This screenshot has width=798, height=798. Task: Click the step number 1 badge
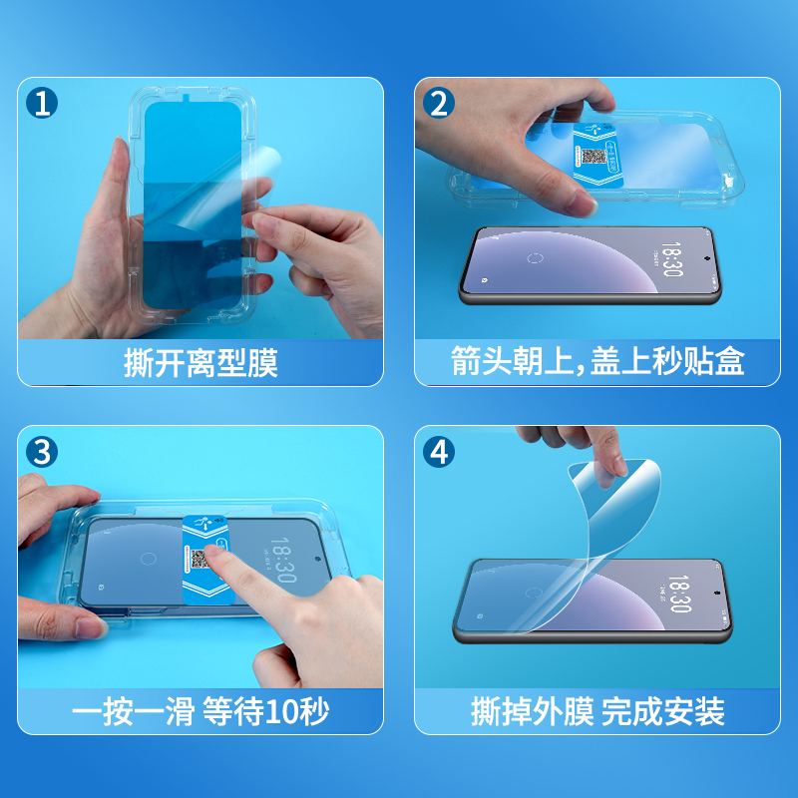point(42,103)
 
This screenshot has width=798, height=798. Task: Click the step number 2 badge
point(439,103)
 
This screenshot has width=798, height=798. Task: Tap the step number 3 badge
point(42,452)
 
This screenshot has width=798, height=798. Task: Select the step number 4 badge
point(439,452)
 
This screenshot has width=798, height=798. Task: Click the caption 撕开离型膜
point(200,363)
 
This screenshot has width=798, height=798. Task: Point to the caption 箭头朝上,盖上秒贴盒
point(598,361)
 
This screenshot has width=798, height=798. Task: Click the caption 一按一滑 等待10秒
point(200,711)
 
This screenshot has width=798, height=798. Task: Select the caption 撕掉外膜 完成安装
point(598,711)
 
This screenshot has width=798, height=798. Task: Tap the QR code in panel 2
point(594,157)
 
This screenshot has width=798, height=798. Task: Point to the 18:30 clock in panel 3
point(283,560)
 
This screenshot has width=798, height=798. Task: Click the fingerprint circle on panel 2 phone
point(535,258)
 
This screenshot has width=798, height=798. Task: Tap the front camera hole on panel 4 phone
point(717,593)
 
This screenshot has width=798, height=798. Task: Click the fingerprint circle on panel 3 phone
point(148,559)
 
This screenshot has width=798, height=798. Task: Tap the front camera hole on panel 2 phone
point(707,258)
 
